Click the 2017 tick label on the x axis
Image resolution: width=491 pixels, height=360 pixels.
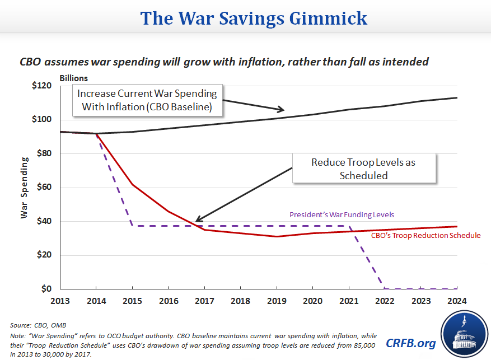coord(204,301)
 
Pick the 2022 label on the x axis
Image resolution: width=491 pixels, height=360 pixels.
coord(385,301)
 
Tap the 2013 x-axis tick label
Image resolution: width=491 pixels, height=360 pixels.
coord(60,301)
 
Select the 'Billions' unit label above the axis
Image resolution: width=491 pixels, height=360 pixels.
coord(73,78)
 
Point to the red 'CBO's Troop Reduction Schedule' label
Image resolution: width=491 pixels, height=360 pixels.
coord(425,235)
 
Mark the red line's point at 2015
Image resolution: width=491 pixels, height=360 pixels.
coord(132,184)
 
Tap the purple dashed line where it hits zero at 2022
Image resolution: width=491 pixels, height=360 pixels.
coord(385,288)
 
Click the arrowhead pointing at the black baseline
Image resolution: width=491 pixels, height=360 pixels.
coord(282,110)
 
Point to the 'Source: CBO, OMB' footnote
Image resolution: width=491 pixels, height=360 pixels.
coord(35,325)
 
